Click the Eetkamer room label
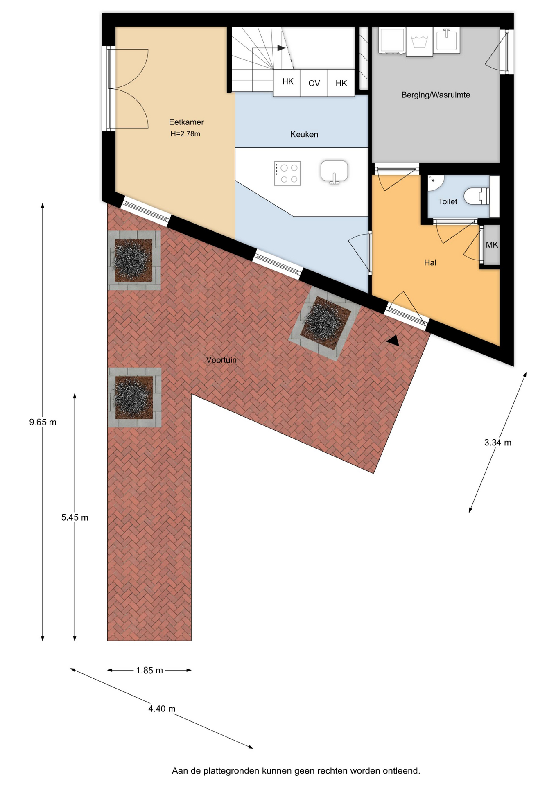pyautogui.click(x=186, y=122)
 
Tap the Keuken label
pyautogui.click(x=304, y=134)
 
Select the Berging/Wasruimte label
pyautogui.click(x=436, y=95)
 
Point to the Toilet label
pyautogui.click(x=448, y=201)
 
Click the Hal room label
pyautogui.click(x=430, y=263)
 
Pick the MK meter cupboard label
pyautogui.click(x=492, y=245)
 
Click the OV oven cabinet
pyautogui.click(x=314, y=83)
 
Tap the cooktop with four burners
pyautogui.click(x=287, y=174)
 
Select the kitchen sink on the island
pyautogui.click(x=334, y=172)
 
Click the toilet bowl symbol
pyautogui.click(x=477, y=196)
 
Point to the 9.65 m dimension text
pyautogui.click(x=43, y=422)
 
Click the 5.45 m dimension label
pyautogui.click(x=75, y=517)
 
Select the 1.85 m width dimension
pyautogui.click(x=149, y=670)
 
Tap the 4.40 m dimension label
pyautogui.click(x=162, y=709)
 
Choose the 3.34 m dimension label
pyautogui.click(x=498, y=443)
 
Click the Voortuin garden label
pyautogui.click(x=221, y=360)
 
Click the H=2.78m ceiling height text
pyautogui.click(x=185, y=134)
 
